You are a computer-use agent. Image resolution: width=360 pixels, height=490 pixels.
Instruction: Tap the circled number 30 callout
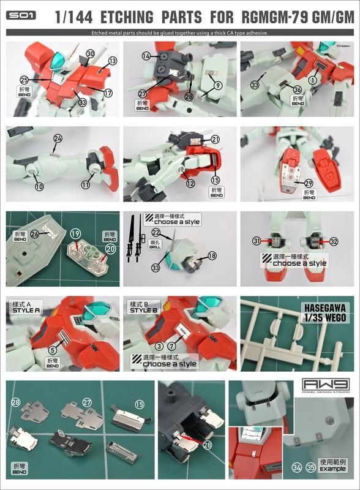click(x=89, y=55)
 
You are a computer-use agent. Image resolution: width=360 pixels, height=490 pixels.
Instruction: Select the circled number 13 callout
click(x=113, y=61)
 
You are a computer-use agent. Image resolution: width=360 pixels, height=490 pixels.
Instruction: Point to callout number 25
click(x=24, y=80)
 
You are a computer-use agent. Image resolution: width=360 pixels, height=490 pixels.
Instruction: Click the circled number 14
click(x=146, y=56)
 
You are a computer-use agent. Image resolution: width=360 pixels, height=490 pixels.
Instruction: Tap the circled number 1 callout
click(x=312, y=78)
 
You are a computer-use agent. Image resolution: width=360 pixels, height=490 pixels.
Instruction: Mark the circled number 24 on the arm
click(x=58, y=138)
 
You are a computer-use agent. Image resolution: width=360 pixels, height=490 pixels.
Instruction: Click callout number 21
click(x=215, y=140)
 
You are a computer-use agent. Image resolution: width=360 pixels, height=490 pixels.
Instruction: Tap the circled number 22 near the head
click(x=156, y=232)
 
